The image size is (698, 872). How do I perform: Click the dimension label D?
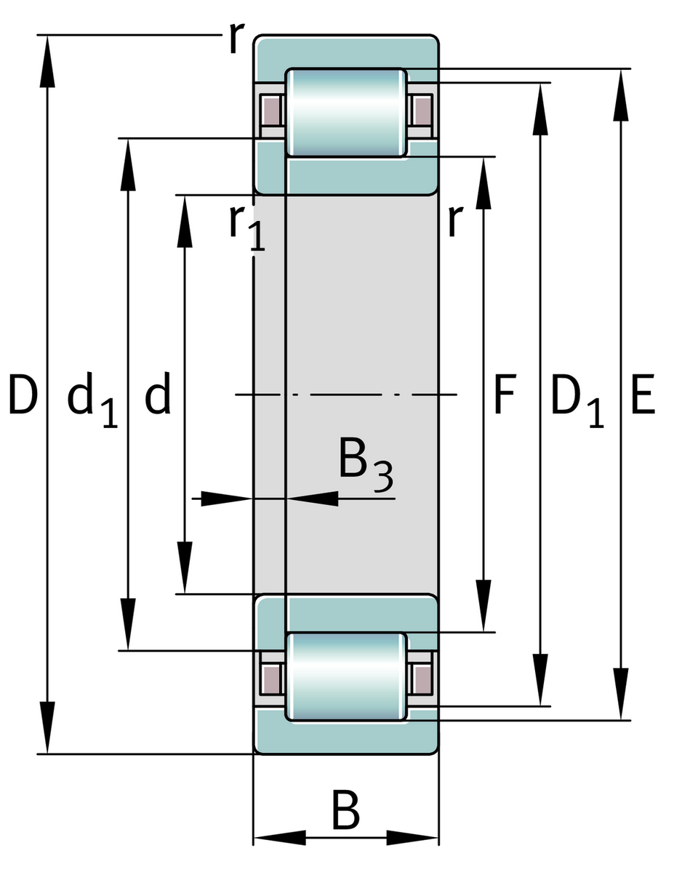click(23, 396)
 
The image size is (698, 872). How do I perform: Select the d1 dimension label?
click(92, 400)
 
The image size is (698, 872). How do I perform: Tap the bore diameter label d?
click(158, 396)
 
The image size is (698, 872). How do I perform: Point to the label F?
click(504, 396)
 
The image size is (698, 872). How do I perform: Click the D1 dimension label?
click(577, 400)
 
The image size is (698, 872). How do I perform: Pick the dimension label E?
click(642, 396)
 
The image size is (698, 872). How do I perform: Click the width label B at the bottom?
click(346, 812)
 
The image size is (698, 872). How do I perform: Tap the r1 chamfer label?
click(246, 227)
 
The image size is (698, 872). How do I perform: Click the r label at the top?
click(233, 39)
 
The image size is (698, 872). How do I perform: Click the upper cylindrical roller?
click(345, 112)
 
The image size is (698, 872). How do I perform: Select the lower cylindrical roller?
click(345, 677)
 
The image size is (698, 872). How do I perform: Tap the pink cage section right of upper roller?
click(421, 111)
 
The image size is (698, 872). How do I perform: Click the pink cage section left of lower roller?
click(271, 678)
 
